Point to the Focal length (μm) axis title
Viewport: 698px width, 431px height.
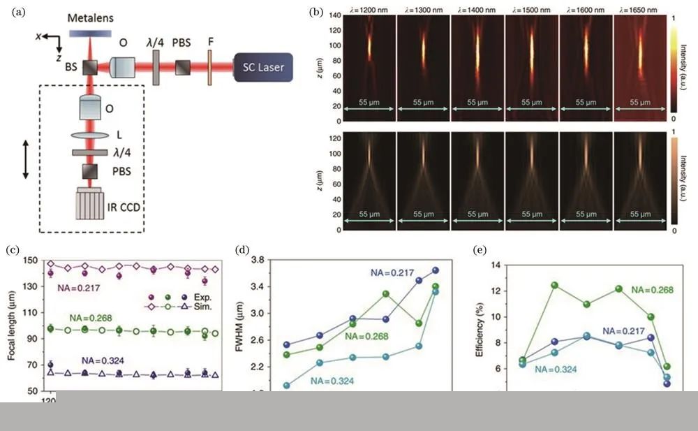[12, 327]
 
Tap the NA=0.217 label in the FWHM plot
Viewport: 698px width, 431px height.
[392, 272]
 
